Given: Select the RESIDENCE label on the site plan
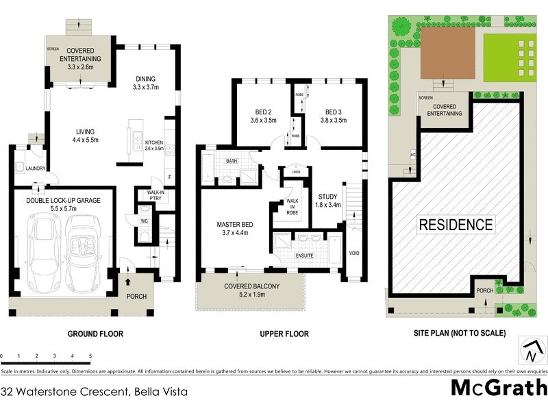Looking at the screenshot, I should click(x=456, y=224).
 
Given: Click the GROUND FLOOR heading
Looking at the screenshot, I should click(x=95, y=334).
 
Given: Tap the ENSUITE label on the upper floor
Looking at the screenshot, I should click(x=305, y=256).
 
